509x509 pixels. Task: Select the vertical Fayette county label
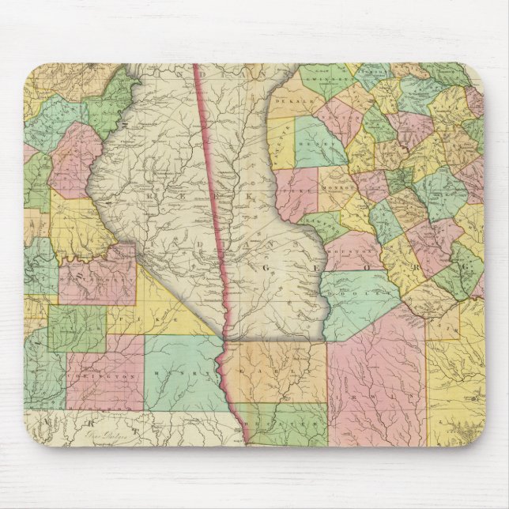pyautogui.click(x=281, y=146)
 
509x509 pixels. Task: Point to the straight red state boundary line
pyautogui.click(x=213, y=198)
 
